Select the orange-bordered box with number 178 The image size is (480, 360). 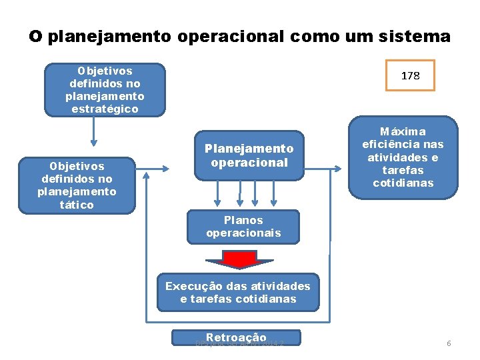(410, 75)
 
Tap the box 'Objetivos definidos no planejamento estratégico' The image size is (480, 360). (105, 90)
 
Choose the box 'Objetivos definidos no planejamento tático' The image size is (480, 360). (77, 185)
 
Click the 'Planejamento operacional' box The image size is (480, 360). (249, 155)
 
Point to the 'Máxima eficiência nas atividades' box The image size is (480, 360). (402, 157)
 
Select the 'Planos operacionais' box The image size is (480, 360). (243, 227)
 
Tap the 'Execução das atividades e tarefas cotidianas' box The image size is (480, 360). (238, 292)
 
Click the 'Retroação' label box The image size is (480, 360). (237, 338)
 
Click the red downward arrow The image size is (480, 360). (231, 259)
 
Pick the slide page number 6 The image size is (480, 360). (449, 343)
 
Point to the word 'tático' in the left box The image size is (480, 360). (77, 205)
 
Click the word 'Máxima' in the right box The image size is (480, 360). (402, 131)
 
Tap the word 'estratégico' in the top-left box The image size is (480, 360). (105, 109)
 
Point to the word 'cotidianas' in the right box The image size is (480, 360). (403, 183)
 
